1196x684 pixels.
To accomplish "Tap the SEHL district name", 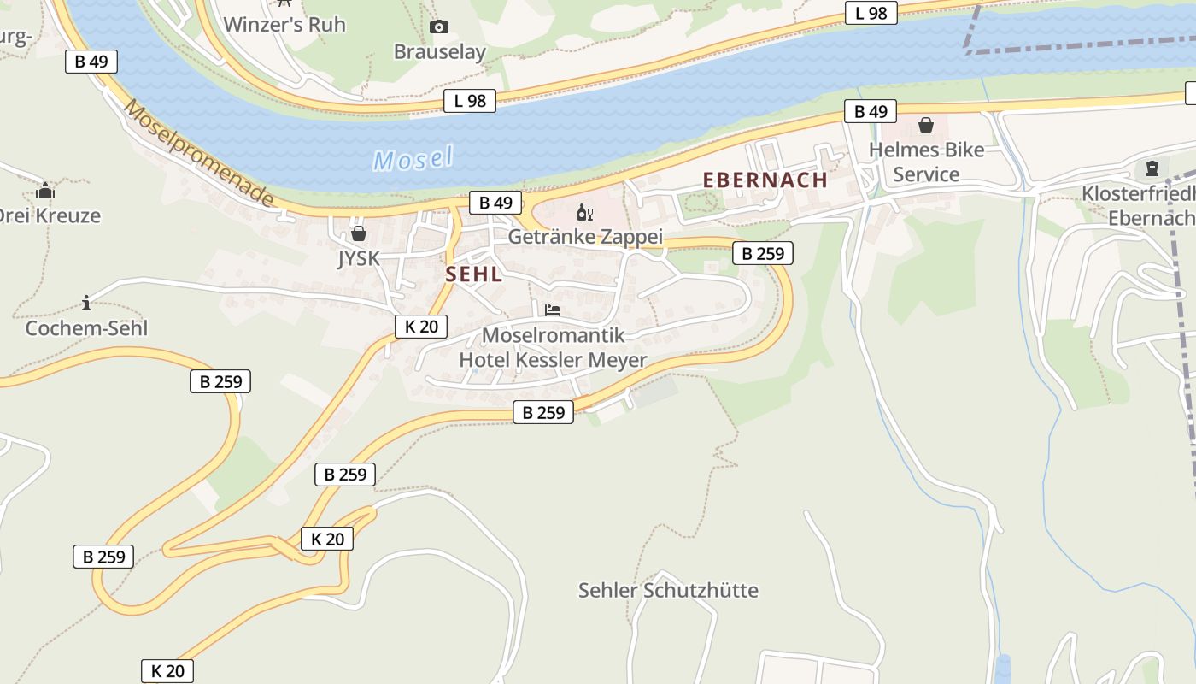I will [x=473, y=274].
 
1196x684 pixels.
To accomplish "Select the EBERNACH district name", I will [x=765, y=180].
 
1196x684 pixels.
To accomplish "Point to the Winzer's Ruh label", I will [x=284, y=25].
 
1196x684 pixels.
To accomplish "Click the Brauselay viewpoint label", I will [x=439, y=52].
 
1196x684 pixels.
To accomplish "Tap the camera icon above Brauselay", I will [x=439, y=27].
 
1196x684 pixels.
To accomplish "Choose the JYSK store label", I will [x=358, y=258].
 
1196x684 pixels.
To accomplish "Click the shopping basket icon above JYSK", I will [x=359, y=233].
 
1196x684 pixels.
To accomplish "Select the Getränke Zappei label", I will [x=585, y=237].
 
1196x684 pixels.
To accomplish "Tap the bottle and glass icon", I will [x=585, y=213].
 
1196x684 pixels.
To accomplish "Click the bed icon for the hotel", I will [x=553, y=310].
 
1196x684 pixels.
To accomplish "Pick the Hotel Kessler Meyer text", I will [x=553, y=360].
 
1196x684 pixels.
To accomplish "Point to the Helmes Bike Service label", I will [x=926, y=162].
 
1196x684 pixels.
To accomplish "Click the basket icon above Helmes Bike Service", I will [x=925, y=126].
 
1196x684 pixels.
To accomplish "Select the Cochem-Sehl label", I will [x=86, y=328].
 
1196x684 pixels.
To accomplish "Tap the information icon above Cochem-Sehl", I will [x=86, y=303].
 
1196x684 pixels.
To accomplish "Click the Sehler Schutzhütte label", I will [x=668, y=590].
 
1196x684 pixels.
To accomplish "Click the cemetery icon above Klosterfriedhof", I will [x=1152, y=168].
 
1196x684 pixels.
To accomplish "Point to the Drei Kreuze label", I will [x=50, y=215].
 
